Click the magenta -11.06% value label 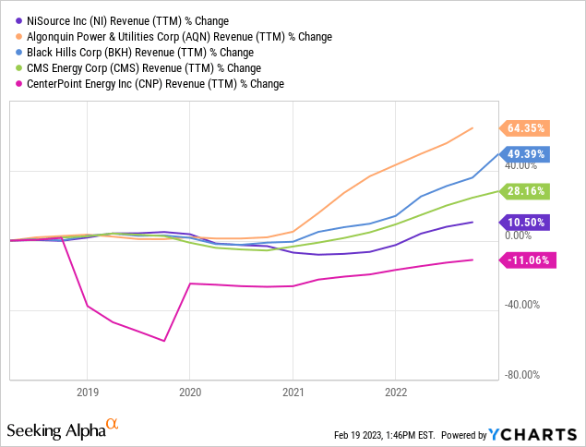click(x=527, y=260)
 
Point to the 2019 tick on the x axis click(x=87, y=390)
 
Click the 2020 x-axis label click(x=189, y=390)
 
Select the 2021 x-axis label click(x=293, y=390)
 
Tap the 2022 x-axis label click(x=395, y=390)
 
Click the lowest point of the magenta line click(x=164, y=341)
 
